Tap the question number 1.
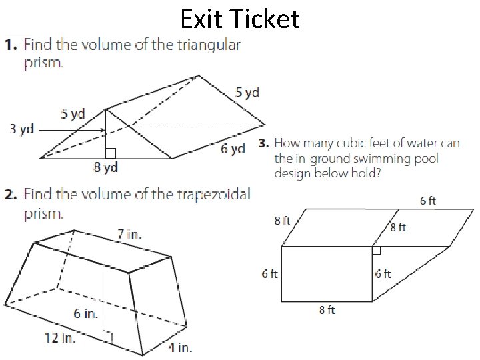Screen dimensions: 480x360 tap(11, 45)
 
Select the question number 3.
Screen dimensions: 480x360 tap(263, 143)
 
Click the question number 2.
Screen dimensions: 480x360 tap(11, 195)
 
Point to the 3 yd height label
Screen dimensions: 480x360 tap(21, 129)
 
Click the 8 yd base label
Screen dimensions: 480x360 tap(105, 167)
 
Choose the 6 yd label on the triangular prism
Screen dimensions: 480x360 tap(233, 149)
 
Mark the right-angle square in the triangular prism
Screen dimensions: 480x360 tap(111, 153)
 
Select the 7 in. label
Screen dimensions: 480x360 tap(129, 234)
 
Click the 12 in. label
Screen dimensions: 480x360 tap(60, 337)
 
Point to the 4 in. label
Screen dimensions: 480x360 tap(179, 347)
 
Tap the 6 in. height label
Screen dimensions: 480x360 tap(85, 313)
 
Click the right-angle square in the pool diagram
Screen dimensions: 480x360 tap(376, 250)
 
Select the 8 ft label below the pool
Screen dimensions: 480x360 tap(327, 310)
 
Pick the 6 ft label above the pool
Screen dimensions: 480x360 tap(428, 200)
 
